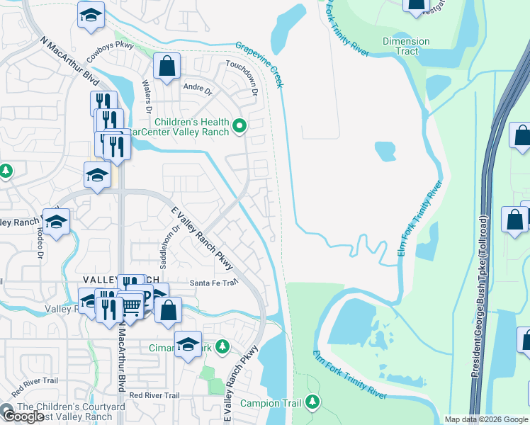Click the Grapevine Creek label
click(261, 65)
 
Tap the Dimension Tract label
click(406, 46)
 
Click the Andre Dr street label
click(198, 91)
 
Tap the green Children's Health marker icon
click(239, 127)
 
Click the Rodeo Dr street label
click(40, 245)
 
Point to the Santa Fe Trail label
click(213, 283)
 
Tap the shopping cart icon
click(132, 305)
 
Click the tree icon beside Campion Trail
click(312, 403)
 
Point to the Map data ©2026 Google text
click(486, 419)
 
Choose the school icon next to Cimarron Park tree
click(188, 345)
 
